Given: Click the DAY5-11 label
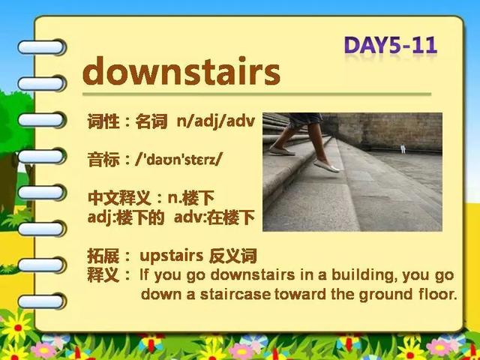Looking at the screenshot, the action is click(391, 45).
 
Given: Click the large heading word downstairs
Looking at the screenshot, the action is click(181, 70).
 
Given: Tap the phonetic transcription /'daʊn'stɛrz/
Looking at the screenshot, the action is click(178, 160).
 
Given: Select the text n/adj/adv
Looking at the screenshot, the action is click(216, 121).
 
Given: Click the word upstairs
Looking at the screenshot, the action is click(172, 256).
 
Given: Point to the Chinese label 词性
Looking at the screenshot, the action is click(103, 121).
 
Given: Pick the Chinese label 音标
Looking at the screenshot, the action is click(103, 160).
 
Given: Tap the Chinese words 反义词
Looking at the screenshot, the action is click(232, 256).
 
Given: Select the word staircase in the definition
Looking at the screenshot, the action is click(235, 295).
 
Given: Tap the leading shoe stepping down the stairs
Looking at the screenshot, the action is click(326, 166).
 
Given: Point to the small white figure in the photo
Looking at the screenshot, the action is click(403, 148).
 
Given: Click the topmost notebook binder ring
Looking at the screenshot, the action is click(42, 47).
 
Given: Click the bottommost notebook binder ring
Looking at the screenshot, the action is click(42, 301).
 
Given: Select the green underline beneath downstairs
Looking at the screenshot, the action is click(256, 94).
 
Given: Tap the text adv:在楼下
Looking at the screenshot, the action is click(214, 217).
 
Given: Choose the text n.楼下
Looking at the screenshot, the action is click(191, 199).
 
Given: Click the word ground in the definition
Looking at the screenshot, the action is click(385, 295).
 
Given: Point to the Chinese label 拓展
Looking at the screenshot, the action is click(103, 256).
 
